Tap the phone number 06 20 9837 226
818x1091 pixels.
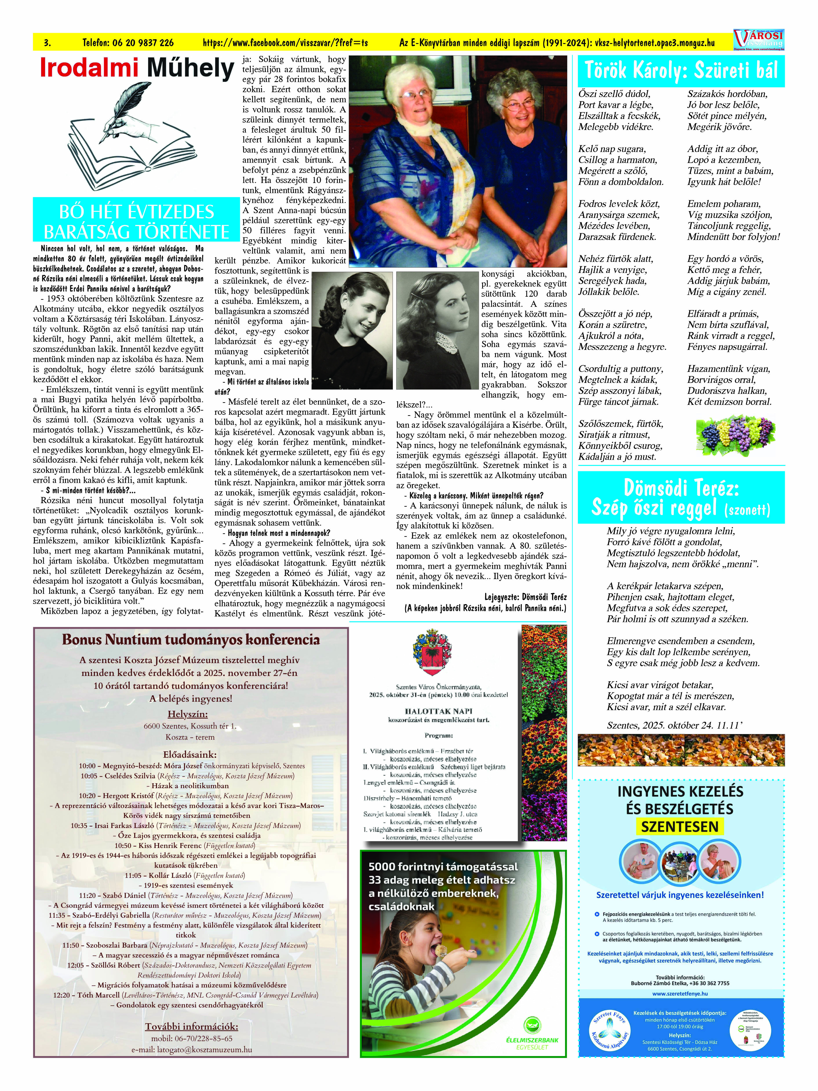[128, 43]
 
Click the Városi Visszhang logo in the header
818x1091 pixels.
[758, 39]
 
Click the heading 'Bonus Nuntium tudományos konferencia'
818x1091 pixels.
[191, 640]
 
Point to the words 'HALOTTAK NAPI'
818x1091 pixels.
[438, 711]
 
